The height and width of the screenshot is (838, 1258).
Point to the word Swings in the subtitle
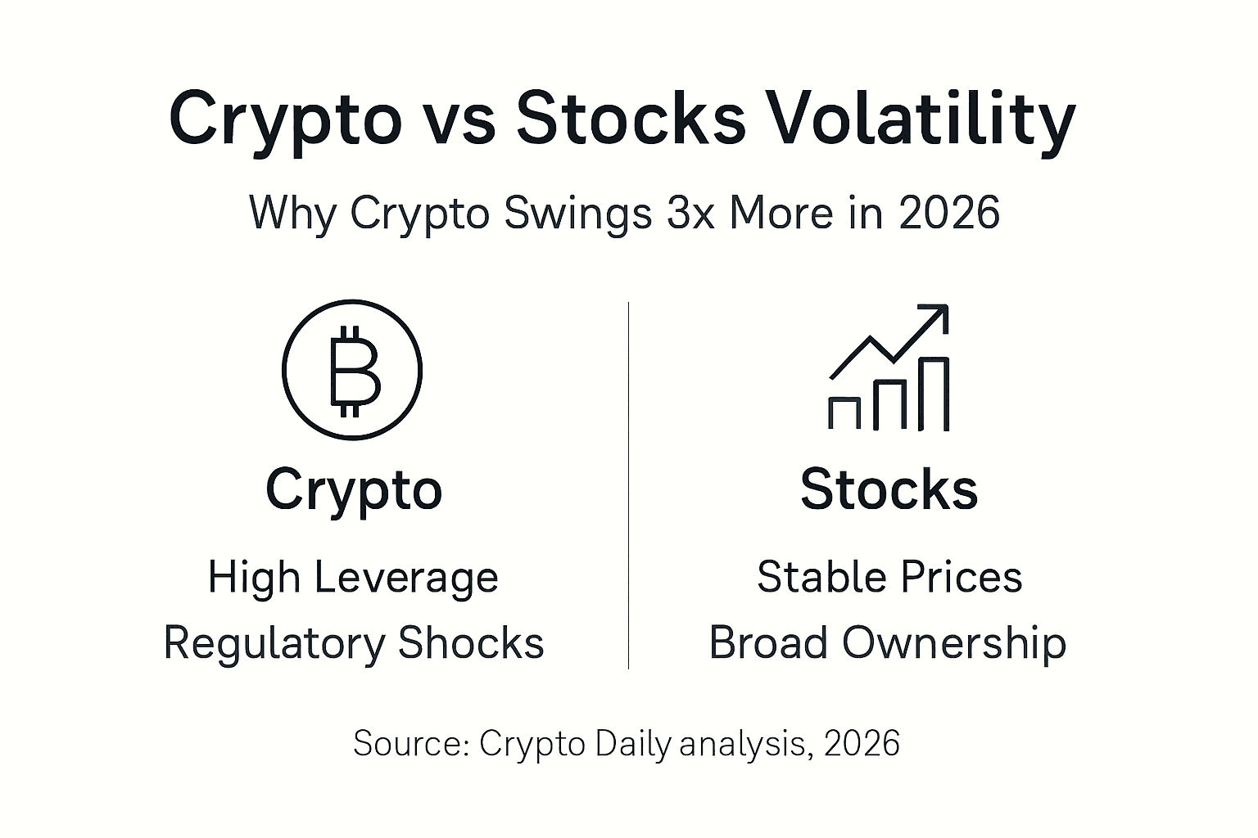click(578, 214)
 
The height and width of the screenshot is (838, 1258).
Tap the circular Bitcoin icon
click(352, 370)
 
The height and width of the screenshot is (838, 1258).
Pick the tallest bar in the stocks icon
click(934, 394)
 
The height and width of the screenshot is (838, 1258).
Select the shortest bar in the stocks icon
click(844, 412)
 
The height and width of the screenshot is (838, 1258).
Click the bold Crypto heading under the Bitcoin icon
click(354, 490)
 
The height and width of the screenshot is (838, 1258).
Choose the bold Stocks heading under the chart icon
click(889, 490)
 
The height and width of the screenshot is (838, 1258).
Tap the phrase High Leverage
click(353, 578)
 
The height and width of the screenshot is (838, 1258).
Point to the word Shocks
click(471, 642)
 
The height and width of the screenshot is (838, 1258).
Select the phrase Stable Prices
click(889, 577)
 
